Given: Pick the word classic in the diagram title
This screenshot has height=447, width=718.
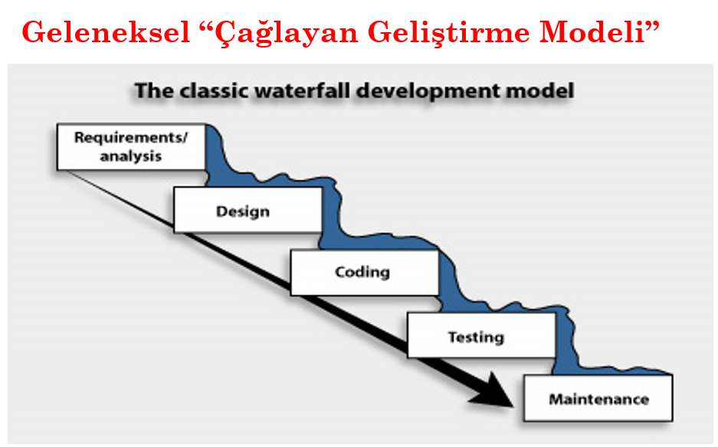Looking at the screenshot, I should [211, 91].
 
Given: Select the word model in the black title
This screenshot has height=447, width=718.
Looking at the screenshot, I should [546, 91].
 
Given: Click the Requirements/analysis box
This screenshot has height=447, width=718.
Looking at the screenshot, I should [131, 147].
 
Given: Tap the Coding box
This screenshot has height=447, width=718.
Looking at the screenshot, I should [363, 272].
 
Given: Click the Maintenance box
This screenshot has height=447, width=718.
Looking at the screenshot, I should [598, 399].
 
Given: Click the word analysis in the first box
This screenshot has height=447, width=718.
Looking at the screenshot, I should [130, 156].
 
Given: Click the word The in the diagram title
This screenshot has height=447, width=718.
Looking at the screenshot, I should [152, 91].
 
